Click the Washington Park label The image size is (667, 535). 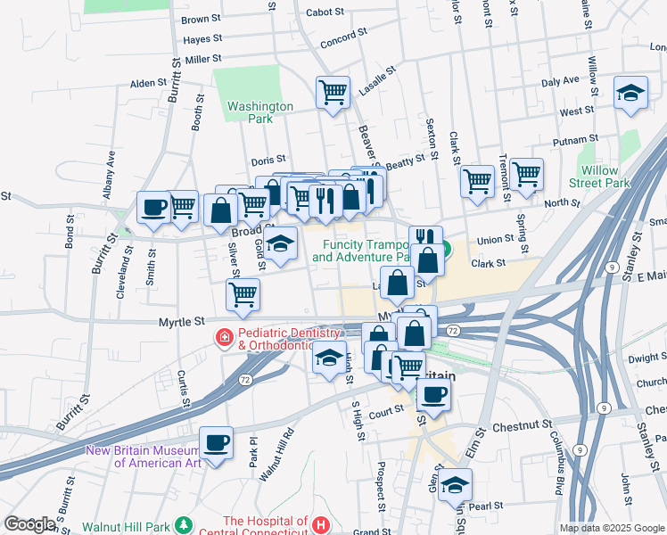(x=259, y=112)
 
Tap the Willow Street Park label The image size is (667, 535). (x=605, y=177)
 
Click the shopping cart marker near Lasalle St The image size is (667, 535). (x=333, y=91)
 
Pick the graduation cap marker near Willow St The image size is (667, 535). (x=630, y=92)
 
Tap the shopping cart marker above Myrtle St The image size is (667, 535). (x=243, y=294)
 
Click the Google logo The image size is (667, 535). (x=29, y=524)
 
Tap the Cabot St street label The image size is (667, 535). (x=325, y=12)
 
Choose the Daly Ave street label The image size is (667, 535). (x=560, y=80)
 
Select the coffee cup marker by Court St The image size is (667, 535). (x=433, y=395)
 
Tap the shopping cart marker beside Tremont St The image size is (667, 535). (x=527, y=174)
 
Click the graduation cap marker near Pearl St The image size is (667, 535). (x=455, y=485)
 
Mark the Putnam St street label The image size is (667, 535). (x=575, y=141)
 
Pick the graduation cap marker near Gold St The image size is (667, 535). (x=280, y=244)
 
